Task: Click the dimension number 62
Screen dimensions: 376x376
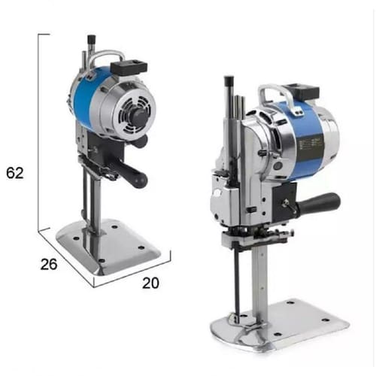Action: tap(15, 173)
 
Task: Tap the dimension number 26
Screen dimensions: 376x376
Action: tap(49, 264)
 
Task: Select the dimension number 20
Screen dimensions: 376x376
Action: tap(150, 283)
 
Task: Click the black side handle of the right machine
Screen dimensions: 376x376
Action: tap(319, 203)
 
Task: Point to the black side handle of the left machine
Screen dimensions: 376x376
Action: tap(132, 174)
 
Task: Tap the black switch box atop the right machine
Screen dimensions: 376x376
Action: tap(301, 91)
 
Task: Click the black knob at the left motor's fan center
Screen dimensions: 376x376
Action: tap(139, 114)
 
